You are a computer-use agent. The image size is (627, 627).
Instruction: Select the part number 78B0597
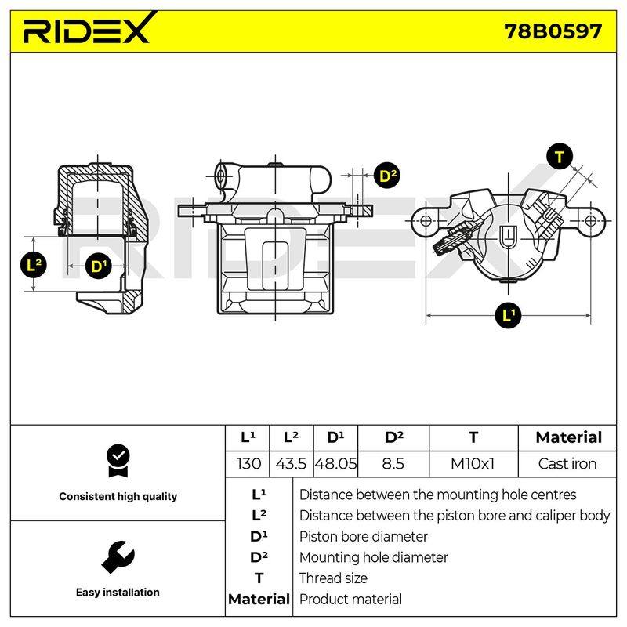553,31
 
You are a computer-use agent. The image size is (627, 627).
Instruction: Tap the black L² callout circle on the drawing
34,265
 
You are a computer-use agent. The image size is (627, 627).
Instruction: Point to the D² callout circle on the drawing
387,176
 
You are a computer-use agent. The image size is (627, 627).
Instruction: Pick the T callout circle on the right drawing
560,156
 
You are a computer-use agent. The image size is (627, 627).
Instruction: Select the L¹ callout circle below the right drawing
508,315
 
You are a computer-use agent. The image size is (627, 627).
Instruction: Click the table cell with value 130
248,464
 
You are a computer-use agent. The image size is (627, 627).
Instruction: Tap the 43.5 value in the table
291,464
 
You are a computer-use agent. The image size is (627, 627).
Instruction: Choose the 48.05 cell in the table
335,464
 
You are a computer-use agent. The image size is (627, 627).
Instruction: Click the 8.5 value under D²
393,464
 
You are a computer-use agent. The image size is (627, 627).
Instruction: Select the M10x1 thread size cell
473,464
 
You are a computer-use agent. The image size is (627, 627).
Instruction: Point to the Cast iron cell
567,464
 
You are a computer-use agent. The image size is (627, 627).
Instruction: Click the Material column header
569,437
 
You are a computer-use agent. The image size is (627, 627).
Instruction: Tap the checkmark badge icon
118,461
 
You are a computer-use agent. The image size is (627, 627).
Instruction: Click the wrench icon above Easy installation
118,557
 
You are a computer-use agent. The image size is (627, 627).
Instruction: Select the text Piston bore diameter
363,537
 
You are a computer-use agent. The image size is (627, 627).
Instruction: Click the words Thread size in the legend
333,578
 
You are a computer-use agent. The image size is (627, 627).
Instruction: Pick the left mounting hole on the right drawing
426,221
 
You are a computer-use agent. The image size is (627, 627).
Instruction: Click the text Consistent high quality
118,496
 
